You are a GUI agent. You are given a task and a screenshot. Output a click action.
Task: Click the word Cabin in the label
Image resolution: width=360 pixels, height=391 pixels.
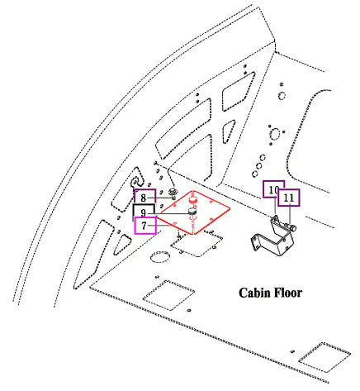point(254,293)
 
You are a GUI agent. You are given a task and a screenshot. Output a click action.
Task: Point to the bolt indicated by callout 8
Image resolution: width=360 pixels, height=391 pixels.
point(173,193)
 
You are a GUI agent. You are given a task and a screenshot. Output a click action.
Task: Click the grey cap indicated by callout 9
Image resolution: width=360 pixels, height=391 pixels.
point(193,212)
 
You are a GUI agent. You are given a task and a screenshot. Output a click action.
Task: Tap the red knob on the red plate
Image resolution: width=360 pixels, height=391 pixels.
point(193,200)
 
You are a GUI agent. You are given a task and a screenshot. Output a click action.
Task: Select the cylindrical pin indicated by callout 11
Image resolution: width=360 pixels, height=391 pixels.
point(291,227)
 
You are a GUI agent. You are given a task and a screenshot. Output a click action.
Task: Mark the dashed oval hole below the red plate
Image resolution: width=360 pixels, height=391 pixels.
point(160,256)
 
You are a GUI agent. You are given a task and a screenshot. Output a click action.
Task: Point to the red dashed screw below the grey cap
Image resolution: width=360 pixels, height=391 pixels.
point(194,225)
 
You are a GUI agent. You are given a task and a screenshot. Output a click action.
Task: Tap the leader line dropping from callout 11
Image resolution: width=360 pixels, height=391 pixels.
point(290,216)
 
